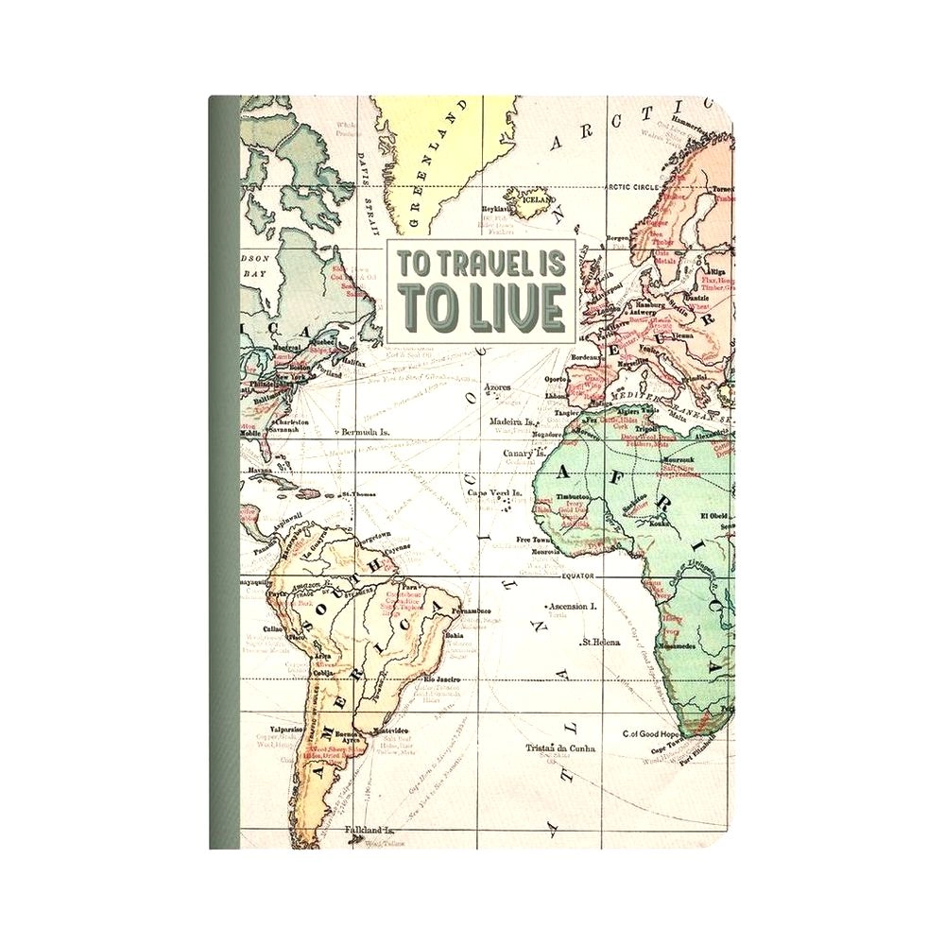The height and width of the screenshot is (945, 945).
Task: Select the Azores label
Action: coord(496,387)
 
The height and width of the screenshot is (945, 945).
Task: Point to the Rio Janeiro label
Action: coord(441,679)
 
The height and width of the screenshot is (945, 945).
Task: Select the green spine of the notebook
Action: coord(224,472)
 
